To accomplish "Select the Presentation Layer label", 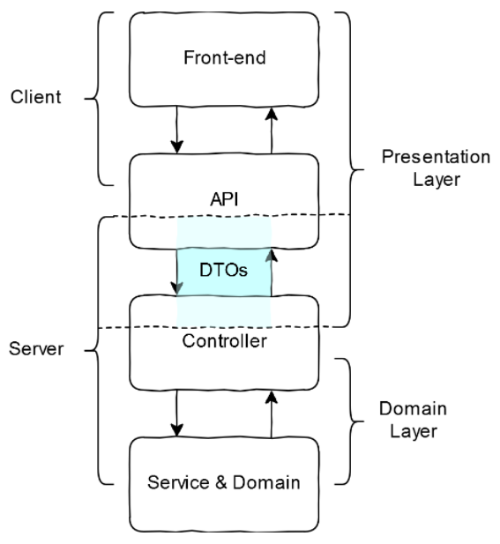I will [x=435, y=168].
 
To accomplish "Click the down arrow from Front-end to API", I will [x=177, y=130].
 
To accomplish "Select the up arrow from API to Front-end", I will [x=271, y=130].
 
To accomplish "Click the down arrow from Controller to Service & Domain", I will [x=177, y=413].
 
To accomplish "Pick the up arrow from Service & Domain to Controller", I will [x=271, y=413].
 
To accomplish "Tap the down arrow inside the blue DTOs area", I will [x=177, y=272].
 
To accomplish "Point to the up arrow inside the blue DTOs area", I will [x=271, y=272].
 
